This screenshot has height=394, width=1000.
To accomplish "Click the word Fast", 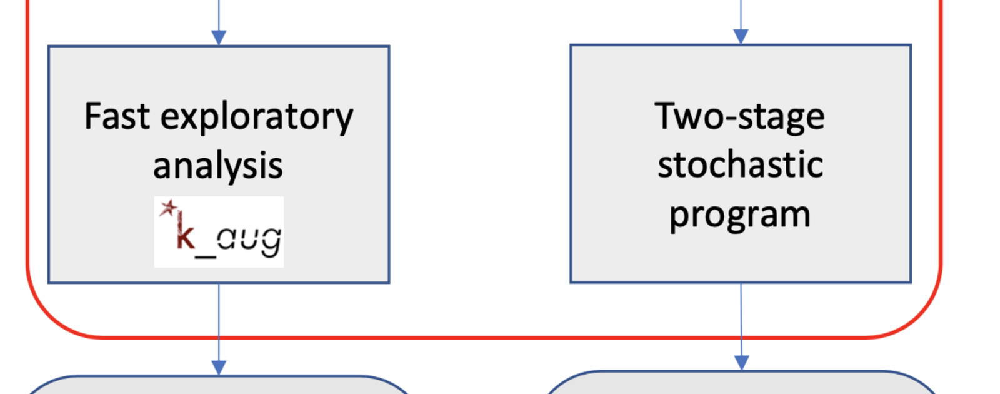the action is point(117,116).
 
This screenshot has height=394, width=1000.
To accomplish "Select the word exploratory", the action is point(257,118).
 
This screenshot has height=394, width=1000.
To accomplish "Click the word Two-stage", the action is point(739,117).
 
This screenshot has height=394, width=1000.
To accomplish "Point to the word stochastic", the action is point(740,165).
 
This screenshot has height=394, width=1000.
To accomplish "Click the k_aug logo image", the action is point(219,232).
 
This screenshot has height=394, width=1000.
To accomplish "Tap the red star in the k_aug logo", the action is point(168,208).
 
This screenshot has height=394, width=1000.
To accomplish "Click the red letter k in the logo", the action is point(185,231).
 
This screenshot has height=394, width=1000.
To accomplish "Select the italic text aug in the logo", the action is point(249,241).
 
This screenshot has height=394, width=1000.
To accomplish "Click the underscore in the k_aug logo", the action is point(206,256).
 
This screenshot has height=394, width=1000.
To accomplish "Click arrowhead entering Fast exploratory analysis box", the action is point(219,38).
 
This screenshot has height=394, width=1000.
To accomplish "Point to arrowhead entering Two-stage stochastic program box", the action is point(741,37).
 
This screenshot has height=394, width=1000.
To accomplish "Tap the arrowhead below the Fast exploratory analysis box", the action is point(219,368).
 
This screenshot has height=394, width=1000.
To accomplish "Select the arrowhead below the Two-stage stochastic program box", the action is point(741,363).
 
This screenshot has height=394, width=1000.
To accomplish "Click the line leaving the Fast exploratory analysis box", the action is point(219,321).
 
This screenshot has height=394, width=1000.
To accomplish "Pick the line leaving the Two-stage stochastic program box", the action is point(741,320).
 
